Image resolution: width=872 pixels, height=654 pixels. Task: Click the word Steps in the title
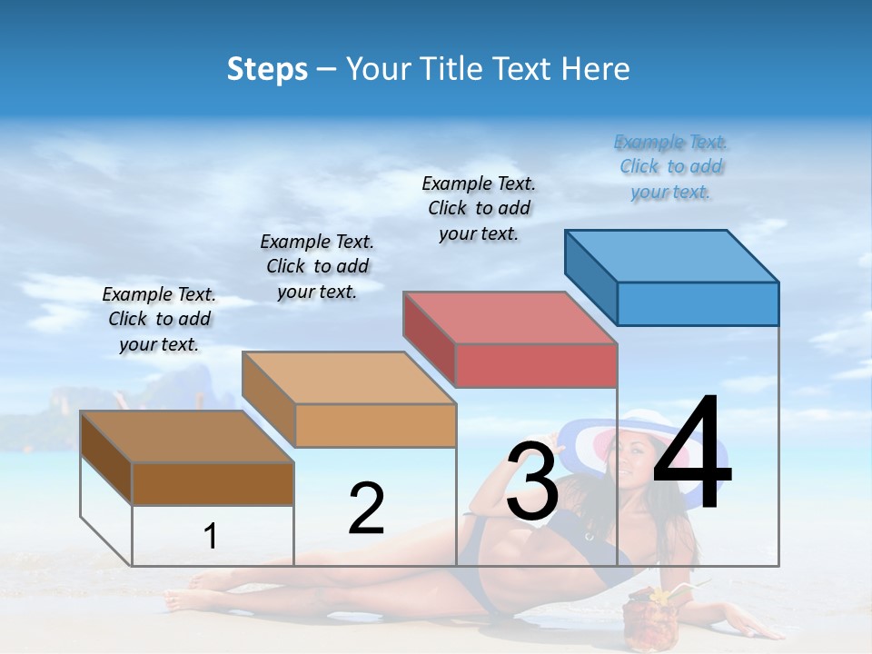[267, 69]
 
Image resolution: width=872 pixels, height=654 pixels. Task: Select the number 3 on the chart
[532, 482]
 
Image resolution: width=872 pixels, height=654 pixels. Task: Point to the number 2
[367, 509]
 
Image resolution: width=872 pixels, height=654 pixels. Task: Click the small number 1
[210, 536]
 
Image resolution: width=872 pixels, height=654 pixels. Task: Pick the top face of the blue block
[672, 255]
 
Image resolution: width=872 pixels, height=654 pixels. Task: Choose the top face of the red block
[510, 318]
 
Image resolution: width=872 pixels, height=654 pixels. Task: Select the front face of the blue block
[698, 303]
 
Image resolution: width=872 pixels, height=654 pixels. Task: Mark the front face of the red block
[536, 365]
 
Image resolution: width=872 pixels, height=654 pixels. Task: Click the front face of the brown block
[213, 483]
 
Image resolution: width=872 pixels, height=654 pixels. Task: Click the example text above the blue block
[671, 167]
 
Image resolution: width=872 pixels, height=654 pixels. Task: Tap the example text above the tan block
[317, 266]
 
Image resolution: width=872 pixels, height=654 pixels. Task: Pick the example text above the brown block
[159, 319]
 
